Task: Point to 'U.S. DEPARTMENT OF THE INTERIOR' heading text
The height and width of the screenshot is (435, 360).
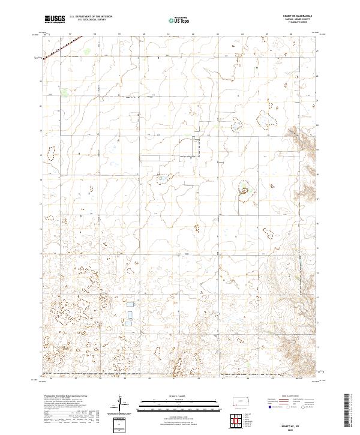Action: tap(91, 17)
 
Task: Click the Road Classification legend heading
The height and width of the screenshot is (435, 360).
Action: tap(289, 397)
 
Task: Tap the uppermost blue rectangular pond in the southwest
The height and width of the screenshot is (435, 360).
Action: tap(128, 305)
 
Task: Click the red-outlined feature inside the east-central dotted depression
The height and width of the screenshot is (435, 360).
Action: tap(245, 191)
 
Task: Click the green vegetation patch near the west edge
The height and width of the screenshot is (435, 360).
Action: tap(64, 93)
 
